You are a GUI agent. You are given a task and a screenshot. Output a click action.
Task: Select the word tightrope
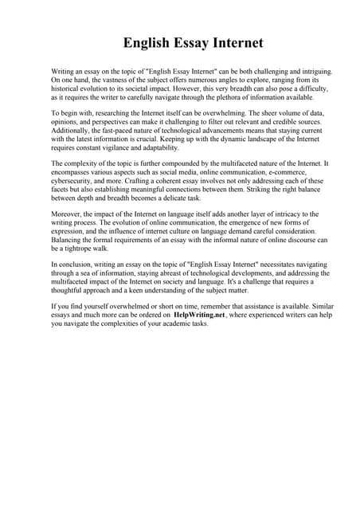pos(75,248)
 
